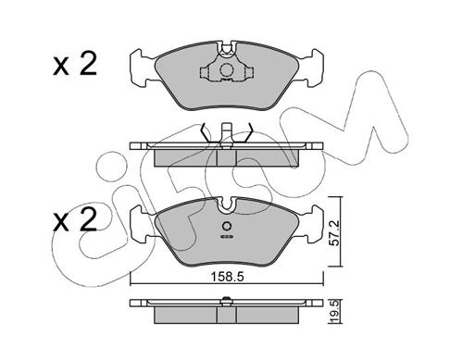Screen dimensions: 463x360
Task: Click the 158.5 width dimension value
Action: tap(227, 277)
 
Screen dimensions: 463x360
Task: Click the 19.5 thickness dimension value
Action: tap(336, 312)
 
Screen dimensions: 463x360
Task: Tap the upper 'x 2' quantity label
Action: tap(75, 64)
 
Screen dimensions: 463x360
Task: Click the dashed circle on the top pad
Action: tap(226, 69)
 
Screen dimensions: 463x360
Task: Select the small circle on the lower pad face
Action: tap(227, 226)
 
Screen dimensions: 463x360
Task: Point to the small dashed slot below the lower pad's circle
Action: tap(227, 237)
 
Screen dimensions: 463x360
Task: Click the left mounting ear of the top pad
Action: tap(142, 68)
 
